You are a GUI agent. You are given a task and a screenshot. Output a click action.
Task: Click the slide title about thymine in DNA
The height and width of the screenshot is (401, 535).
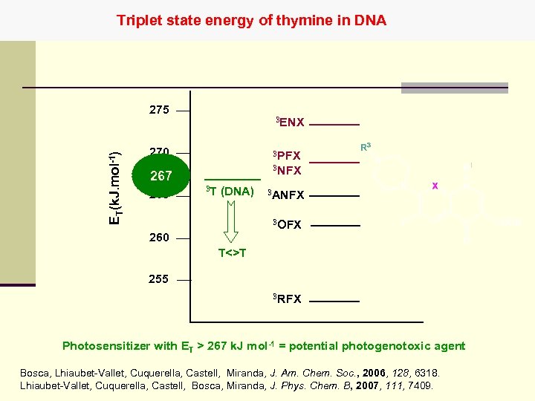coord(251,20)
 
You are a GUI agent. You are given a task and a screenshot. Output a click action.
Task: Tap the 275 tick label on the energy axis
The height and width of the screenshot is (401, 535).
coord(159,111)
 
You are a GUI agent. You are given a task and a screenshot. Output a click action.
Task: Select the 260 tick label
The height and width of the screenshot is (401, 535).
coord(159,238)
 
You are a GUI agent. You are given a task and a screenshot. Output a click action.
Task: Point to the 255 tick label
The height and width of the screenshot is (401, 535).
coord(159,280)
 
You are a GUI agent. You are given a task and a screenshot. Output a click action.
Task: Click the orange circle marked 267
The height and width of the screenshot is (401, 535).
coord(161,176)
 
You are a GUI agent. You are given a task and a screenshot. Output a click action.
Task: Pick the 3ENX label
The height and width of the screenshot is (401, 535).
coord(290,122)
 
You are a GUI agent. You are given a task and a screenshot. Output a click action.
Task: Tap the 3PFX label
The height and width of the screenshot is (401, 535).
coord(286,155)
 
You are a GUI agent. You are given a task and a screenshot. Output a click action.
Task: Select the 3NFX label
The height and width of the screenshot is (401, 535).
coord(286,170)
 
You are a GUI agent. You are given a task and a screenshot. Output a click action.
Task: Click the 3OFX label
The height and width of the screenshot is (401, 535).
coord(287,224)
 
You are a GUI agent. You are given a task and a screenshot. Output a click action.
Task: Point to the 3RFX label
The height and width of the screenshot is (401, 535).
coord(287,299)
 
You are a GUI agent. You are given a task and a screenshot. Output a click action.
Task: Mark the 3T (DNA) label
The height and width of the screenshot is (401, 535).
coord(230,192)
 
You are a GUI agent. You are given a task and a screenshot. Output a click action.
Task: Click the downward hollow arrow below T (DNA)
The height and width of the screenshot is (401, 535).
coord(232,221)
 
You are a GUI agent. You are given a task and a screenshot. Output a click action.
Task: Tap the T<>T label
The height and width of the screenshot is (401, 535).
coord(233,252)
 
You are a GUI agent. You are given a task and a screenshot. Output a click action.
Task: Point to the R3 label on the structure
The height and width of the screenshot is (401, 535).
coord(366,148)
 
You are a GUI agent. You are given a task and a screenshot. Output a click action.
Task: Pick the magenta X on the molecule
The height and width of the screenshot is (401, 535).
coord(435,186)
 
